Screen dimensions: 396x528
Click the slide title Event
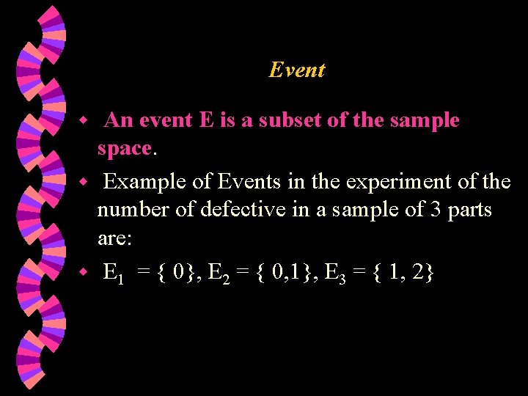296,70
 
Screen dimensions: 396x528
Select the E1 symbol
114,274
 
